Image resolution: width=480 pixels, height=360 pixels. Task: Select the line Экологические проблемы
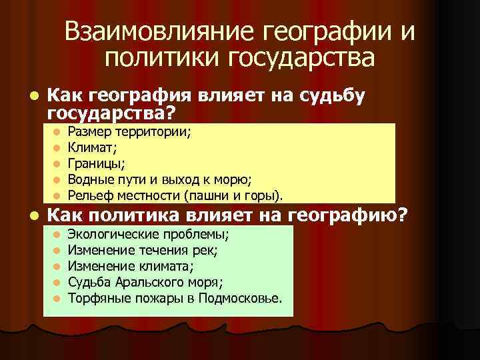point(150,234)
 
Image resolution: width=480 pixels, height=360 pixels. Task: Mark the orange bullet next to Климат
point(57,147)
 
